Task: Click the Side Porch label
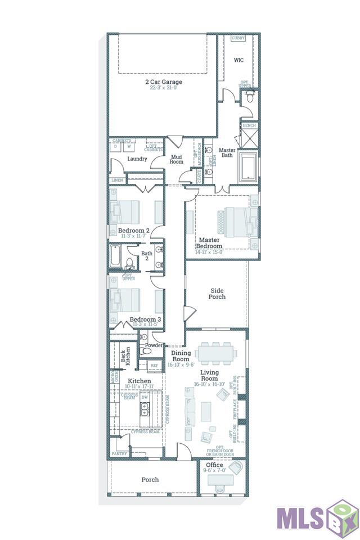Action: (217, 294)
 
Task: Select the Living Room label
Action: (209, 375)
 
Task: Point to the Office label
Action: (214, 465)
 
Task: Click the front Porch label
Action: (150, 480)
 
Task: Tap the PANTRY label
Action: (119, 453)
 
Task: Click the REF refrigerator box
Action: (155, 366)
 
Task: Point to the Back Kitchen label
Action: (126, 358)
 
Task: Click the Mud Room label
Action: (177, 159)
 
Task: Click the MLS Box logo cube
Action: (343, 517)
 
